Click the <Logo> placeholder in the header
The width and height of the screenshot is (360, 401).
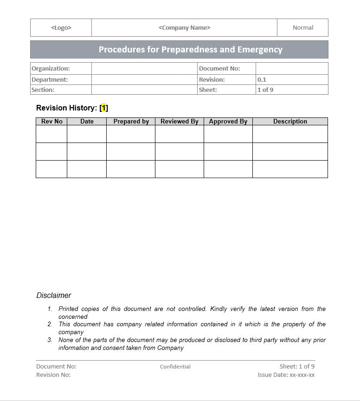pos(61,28)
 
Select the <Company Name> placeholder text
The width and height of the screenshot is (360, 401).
pos(184,28)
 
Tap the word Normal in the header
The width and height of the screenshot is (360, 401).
pos(302,28)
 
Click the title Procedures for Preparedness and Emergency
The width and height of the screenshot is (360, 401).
pos(190,50)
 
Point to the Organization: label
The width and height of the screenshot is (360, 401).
pos(51,69)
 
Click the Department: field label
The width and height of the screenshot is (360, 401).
pos(50,80)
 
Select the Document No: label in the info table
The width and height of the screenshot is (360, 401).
pos(219,69)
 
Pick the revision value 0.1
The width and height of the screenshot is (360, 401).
pos(262,80)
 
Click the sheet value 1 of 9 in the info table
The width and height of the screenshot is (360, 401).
pos(265,90)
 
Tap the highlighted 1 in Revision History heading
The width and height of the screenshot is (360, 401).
pos(104,108)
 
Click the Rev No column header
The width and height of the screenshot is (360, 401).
pos(51,122)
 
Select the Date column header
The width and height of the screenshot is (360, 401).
pos(87,122)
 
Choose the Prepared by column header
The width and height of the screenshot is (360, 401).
pos(131,122)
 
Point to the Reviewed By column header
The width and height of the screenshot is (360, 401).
pos(179,122)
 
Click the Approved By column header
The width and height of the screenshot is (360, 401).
pos(228,122)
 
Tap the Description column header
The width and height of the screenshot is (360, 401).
pos(290,122)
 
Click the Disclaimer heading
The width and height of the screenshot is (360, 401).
pos(54,296)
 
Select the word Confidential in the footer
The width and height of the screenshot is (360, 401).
pos(175,367)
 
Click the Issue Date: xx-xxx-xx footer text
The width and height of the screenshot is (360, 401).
pos(286,375)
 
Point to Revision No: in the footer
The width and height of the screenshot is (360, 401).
pos(53,375)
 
